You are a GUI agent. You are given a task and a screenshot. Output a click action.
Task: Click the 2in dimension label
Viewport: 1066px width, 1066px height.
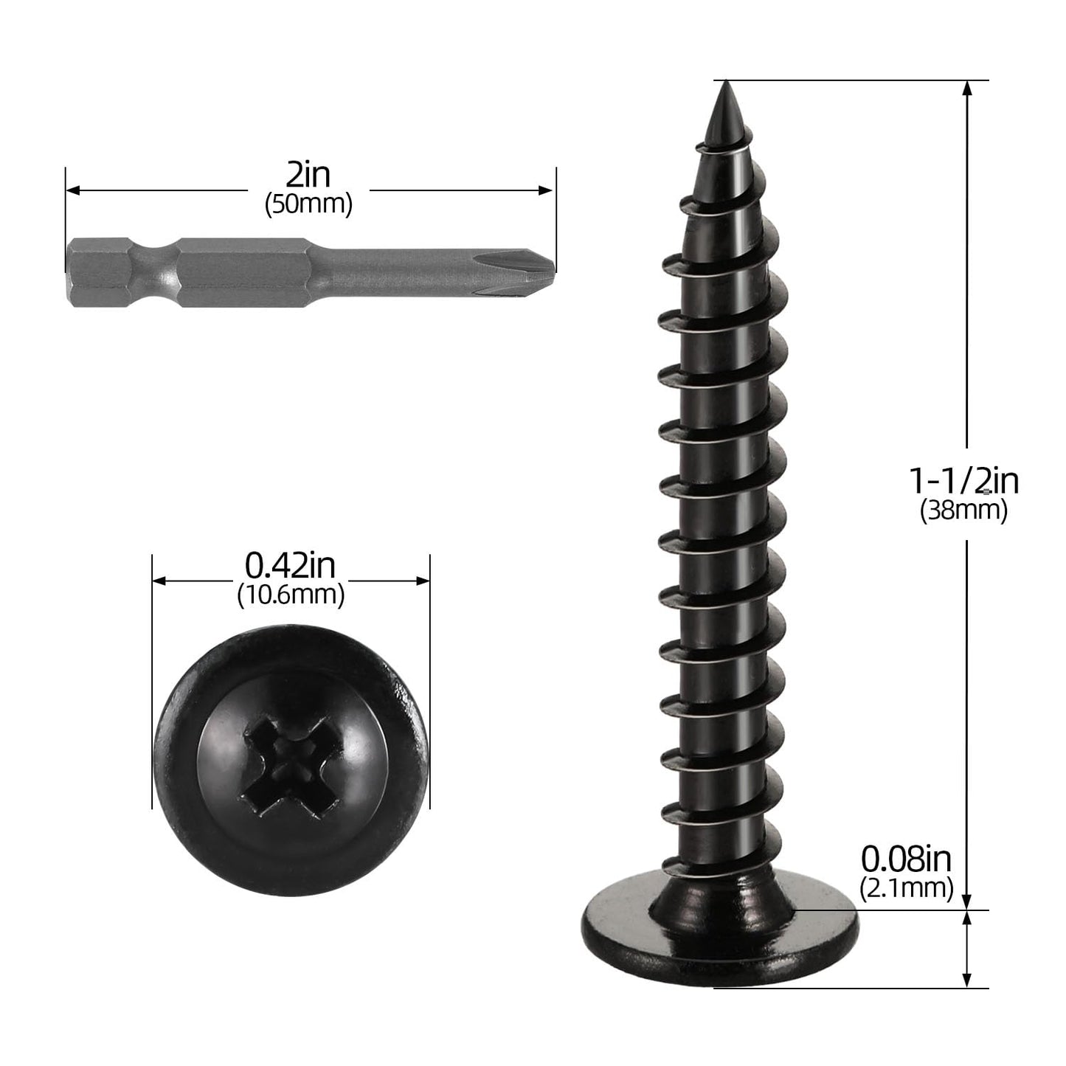[308, 176]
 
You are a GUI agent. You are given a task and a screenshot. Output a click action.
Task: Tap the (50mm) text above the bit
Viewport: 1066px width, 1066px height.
[308, 204]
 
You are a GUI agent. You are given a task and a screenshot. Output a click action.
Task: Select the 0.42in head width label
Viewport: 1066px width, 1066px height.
[290, 567]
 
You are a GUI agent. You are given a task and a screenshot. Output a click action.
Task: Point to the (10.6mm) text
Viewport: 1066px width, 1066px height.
[291, 594]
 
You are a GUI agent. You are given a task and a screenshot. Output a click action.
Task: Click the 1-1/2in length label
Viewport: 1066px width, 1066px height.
[963, 482]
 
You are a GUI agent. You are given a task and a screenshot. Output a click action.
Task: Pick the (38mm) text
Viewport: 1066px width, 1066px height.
[963, 510]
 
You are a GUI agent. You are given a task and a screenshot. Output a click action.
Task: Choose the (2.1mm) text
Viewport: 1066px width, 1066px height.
[906, 887]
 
